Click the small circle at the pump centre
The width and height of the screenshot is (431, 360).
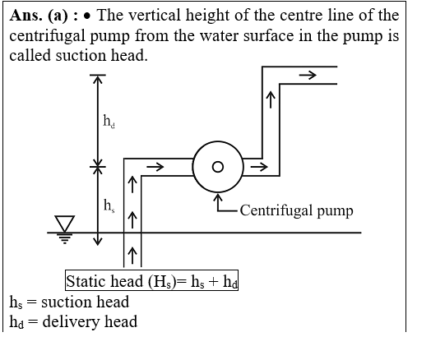pyautogui.click(x=218, y=167)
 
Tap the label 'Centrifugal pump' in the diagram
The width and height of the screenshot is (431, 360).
pyautogui.click(x=296, y=211)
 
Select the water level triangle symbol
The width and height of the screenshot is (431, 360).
pyautogui.click(x=65, y=224)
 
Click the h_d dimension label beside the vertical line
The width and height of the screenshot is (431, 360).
pyautogui.click(x=109, y=121)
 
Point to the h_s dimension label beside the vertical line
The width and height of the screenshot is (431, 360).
pyautogui.click(x=109, y=205)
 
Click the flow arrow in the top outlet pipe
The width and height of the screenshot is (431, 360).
pyautogui.click(x=308, y=75)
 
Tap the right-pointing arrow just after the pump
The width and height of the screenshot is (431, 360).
pyautogui.click(x=259, y=167)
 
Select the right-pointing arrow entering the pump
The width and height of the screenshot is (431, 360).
pyautogui.click(x=155, y=167)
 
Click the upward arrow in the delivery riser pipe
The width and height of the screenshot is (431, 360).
pyautogui.click(x=271, y=99)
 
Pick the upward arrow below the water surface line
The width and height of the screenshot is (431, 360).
pyautogui.click(x=132, y=256)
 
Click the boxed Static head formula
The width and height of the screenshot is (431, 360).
pyautogui.click(x=151, y=280)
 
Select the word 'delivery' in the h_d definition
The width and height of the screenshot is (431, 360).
pyautogui.click(x=71, y=322)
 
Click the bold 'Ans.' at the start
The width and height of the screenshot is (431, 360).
pyautogui.click(x=26, y=16)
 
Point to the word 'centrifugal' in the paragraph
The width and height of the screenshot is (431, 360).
pyautogui.click(x=48, y=36)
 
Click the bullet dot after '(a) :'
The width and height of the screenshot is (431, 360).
pyautogui.click(x=87, y=16)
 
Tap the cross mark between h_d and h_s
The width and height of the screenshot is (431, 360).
pyautogui.click(x=98, y=166)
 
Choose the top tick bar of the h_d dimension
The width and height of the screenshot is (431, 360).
pyautogui.click(x=98, y=75)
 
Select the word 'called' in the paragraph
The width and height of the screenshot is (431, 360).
pyautogui.click(x=30, y=56)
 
